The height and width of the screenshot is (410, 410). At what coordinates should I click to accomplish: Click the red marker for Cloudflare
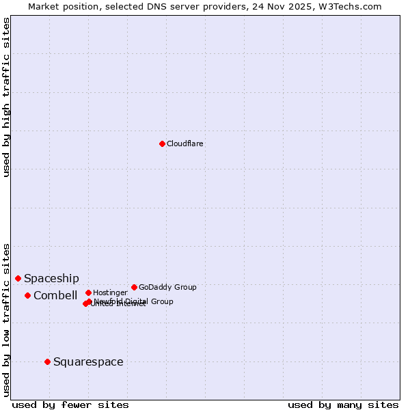(x=162, y=143)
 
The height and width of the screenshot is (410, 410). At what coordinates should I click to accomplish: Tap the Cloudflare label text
(x=184, y=144)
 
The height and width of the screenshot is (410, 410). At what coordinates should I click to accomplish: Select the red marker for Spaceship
(x=18, y=278)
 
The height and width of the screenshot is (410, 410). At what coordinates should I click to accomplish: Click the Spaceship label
(x=51, y=279)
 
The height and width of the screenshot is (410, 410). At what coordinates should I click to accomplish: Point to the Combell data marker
(x=27, y=295)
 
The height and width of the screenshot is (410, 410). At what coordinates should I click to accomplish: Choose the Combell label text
(x=55, y=296)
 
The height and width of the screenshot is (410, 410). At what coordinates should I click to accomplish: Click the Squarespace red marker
(x=47, y=361)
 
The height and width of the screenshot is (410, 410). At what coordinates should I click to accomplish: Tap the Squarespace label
(x=88, y=362)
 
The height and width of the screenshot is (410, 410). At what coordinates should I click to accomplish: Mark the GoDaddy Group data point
(x=134, y=287)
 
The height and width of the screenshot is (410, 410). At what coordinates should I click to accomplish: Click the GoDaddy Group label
(x=167, y=288)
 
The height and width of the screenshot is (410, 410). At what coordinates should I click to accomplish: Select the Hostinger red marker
(x=88, y=292)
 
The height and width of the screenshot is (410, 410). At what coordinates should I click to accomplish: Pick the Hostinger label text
(x=110, y=293)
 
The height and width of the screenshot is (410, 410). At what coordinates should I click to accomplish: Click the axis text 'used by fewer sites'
(x=70, y=405)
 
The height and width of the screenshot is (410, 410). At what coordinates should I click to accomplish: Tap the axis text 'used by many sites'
(x=343, y=405)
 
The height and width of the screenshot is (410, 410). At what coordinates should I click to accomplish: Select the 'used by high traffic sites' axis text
(x=7, y=98)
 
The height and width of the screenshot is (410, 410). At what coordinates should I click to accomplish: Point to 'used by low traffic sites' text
(x=7, y=320)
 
